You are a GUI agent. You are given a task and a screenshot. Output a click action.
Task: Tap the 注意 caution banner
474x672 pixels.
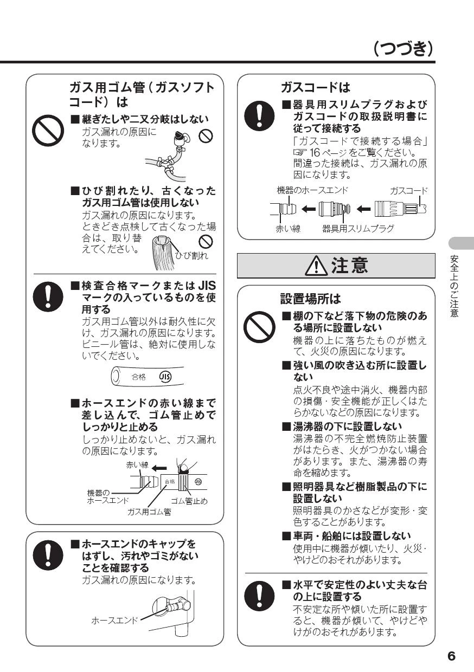[x=336, y=266]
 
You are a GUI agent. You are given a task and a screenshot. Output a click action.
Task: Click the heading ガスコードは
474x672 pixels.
[x=316, y=87]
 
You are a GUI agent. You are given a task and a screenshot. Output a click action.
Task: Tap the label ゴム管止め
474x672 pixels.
[x=189, y=501]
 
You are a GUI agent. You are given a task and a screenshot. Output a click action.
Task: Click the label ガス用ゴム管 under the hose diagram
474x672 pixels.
[x=149, y=512]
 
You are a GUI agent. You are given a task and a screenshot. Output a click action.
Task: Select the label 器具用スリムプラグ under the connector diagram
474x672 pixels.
[x=358, y=229]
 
